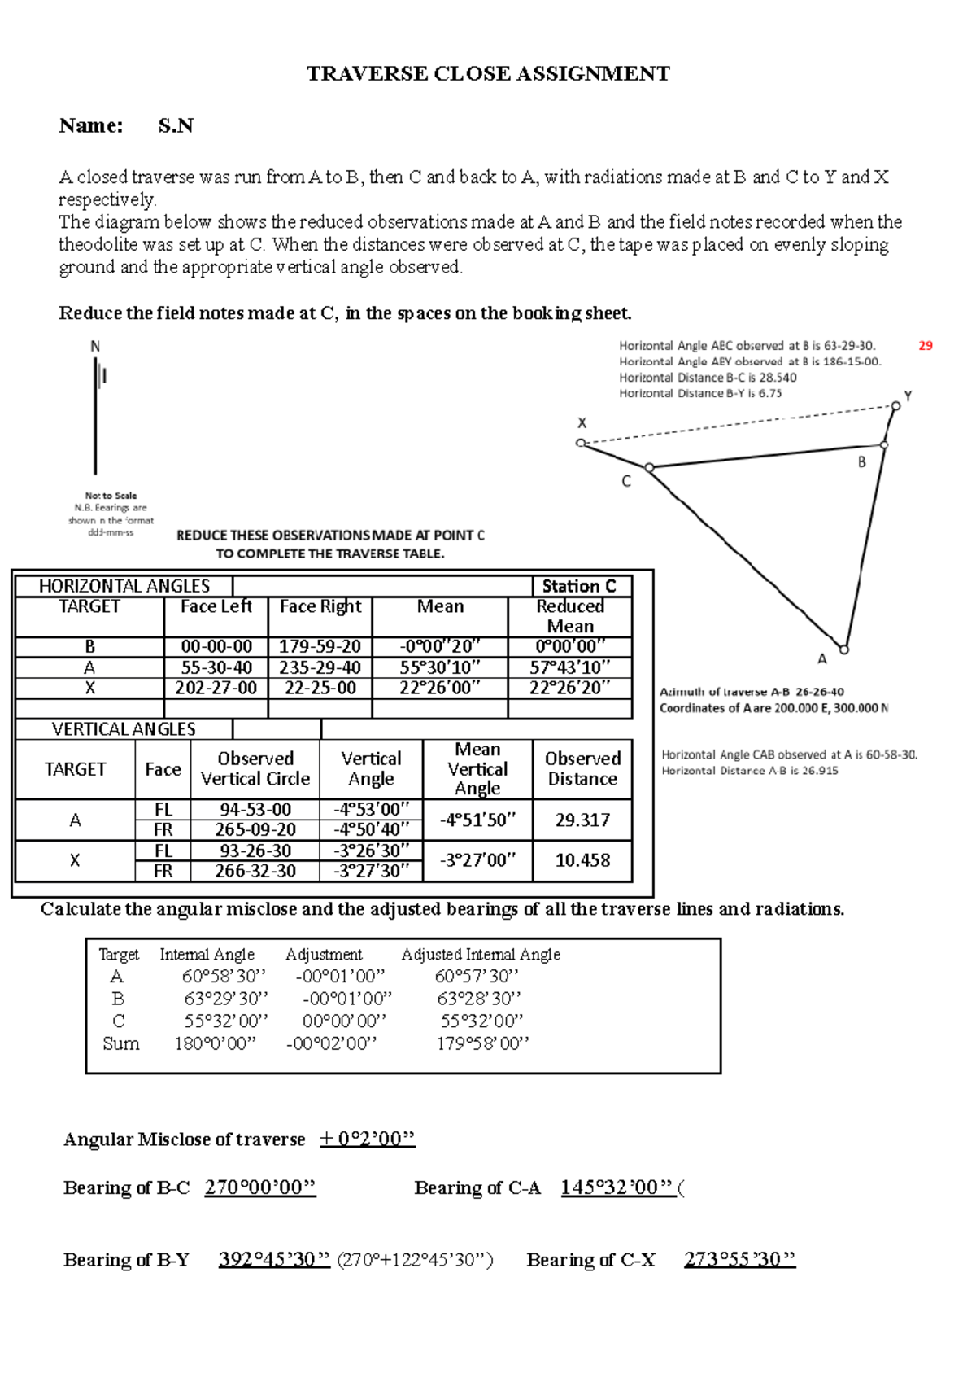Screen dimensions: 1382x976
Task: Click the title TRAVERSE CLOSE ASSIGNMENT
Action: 488,74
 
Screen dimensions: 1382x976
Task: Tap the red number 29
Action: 926,345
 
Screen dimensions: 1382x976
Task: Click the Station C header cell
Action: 579,586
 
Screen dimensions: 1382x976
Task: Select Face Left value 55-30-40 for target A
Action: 216,667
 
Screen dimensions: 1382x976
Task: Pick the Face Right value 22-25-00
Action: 320,688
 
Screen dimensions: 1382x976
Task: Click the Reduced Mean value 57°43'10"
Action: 569,667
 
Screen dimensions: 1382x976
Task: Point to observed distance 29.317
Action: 582,820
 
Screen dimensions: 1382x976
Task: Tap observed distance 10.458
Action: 582,860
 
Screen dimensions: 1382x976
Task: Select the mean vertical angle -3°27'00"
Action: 477,860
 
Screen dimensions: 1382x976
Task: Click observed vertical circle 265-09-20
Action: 255,829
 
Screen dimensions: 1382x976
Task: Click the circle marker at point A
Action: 844,649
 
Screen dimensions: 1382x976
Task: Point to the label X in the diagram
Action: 582,423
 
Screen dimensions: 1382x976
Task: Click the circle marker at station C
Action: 649,467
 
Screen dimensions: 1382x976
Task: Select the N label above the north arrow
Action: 95,347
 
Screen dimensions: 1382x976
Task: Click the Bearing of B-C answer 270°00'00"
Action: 260,1187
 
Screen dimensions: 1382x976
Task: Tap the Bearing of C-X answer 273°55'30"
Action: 739,1260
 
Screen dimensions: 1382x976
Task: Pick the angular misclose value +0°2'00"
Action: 367,1139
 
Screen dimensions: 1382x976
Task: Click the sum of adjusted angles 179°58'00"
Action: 482,1043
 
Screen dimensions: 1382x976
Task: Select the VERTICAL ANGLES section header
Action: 124,729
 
